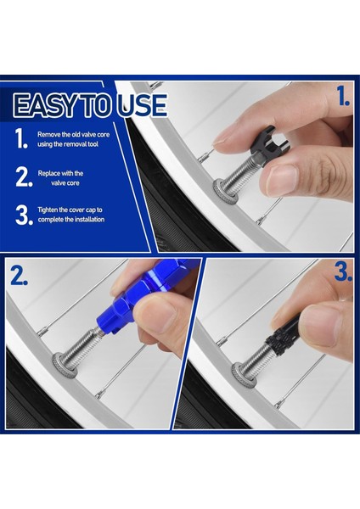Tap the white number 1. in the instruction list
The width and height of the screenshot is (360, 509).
[22, 138]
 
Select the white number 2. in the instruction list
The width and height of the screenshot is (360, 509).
[24, 177]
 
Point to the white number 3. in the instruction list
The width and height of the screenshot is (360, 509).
[25, 215]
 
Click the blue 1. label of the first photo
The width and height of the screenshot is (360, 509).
[343, 96]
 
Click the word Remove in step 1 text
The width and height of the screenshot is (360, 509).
[48, 134]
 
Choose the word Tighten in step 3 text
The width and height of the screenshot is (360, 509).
[48, 210]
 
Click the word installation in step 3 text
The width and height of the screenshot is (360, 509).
[89, 220]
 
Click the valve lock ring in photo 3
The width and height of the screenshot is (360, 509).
[244, 375]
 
